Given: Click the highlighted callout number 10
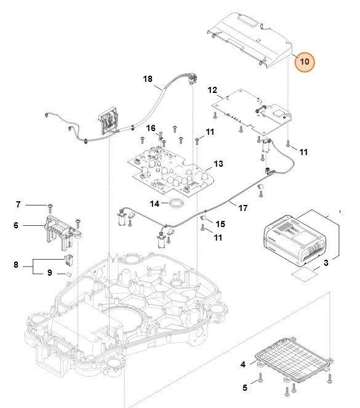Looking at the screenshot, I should click(304, 62).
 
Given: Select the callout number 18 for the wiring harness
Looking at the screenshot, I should click(148, 79).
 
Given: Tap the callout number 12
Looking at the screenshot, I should click(212, 90).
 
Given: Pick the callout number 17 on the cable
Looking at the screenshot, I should click(243, 208).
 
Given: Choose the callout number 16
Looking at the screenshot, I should click(150, 127).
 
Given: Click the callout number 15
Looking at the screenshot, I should click(220, 223).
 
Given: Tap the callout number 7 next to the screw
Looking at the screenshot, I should click(18, 204).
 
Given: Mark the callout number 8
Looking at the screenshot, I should click(16, 265).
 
